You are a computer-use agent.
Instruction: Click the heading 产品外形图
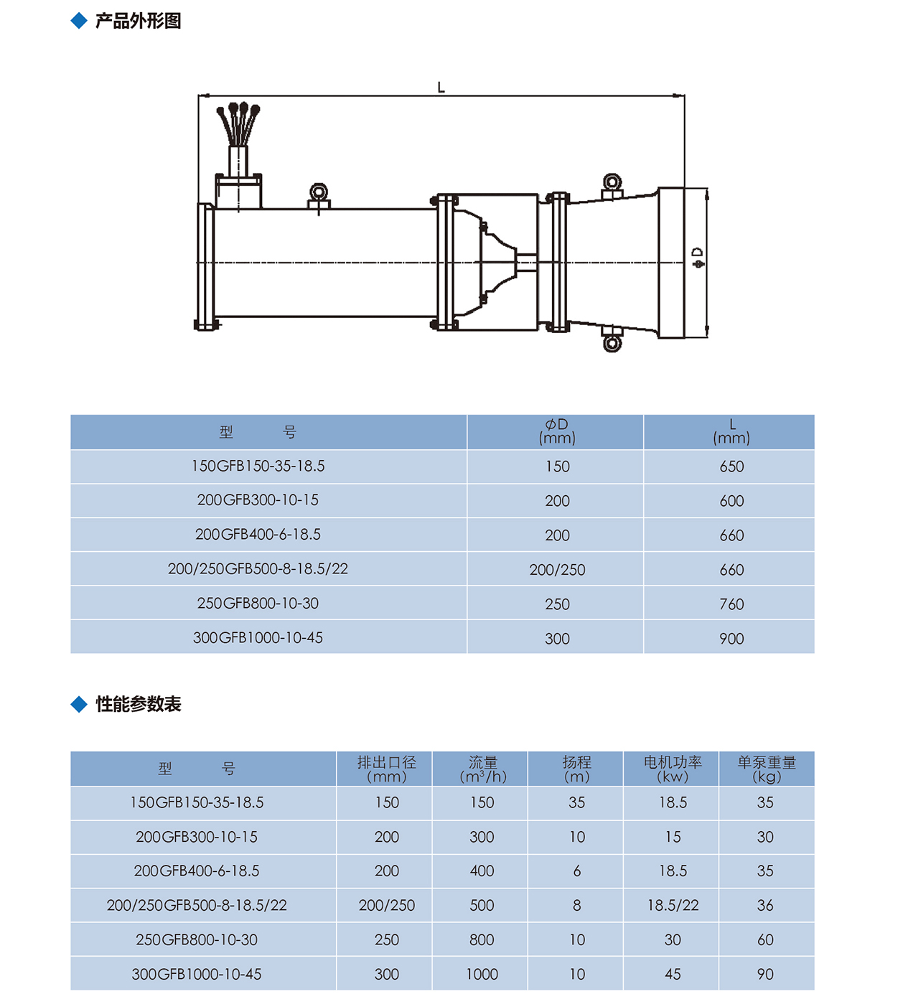click(138, 21)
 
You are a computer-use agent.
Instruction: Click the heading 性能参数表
click(138, 704)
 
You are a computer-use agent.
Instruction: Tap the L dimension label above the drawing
click(441, 88)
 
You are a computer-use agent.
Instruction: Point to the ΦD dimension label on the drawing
click(698, 258)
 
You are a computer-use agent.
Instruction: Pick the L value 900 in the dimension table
click(731, 638)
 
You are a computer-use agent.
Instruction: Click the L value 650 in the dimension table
click(731, 466)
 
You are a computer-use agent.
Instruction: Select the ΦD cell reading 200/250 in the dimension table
click(557, 570)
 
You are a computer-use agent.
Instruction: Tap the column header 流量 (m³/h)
click(482, 769)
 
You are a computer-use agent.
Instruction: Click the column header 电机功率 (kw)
click(673, 769)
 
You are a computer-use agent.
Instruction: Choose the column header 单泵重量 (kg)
click(767, 769)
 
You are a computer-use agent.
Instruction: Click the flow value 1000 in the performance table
click(482, 974)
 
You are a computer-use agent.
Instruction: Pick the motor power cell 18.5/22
click(673, 905)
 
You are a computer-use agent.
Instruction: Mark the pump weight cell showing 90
click(765, 974)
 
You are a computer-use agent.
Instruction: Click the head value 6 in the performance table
click(577, 871)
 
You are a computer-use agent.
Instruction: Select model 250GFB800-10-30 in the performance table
click(197, 939)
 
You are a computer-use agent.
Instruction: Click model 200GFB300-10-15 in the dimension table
click(258, 500)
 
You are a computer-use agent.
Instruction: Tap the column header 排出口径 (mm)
click(386, 769)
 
